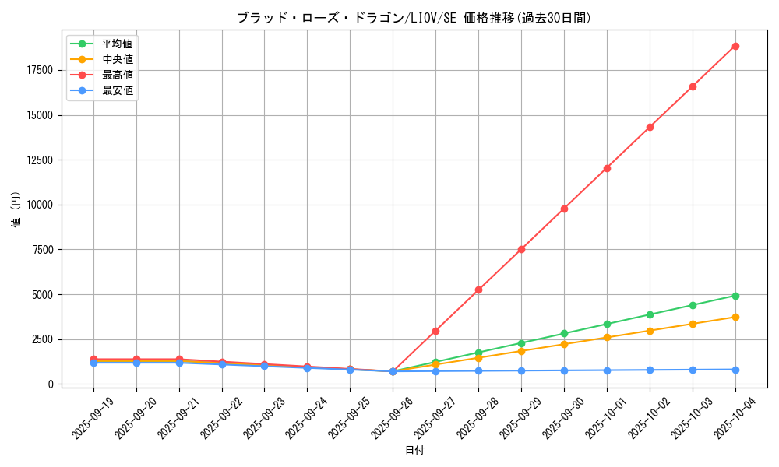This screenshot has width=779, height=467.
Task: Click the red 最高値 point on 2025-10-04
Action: (735, 46)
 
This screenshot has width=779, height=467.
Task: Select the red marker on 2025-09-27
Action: (435, 331)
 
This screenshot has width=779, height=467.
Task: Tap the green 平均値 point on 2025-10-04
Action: (735, 296)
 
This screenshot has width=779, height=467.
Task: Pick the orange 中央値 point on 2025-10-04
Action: (735, 317)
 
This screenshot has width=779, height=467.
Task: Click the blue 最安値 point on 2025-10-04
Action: (735, 370)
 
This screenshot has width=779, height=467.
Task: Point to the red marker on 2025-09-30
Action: (564, 209)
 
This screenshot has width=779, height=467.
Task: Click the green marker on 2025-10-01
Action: (607, 324)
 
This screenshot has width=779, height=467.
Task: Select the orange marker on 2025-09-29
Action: (521, 351)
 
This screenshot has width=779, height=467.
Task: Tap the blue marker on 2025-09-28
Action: (478, 370)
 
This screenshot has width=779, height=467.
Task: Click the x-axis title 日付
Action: (414, 450)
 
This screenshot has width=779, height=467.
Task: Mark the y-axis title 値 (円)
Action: (16, 210)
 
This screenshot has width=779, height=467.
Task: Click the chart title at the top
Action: (414, 18)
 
